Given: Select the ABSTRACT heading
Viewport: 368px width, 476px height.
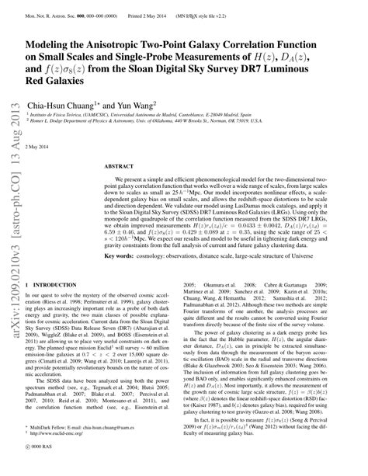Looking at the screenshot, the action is point(120,166).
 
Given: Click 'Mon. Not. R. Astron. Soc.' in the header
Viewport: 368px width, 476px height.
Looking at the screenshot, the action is point(55,9).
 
